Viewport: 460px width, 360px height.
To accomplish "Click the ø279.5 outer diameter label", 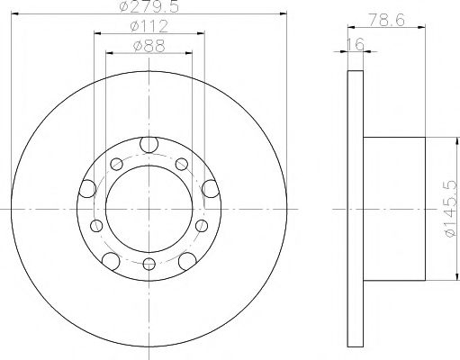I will (x=149, y=9).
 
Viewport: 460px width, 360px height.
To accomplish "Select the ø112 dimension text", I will (x=149, y=27).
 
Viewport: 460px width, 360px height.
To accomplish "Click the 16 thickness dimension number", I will (x=358, y=43).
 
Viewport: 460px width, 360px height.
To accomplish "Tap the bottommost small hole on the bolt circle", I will (x=149, y=265).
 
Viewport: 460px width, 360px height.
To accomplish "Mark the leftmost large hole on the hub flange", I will (x=87, y=187).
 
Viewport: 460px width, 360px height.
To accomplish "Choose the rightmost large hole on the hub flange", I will (x=210, y=187).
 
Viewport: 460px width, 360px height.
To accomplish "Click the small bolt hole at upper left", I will (x=116, y=163).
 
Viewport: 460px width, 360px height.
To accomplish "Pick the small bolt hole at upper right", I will (x=181, y=163).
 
